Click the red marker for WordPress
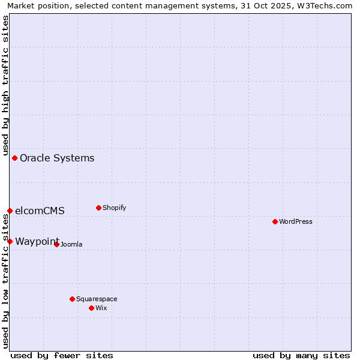275,221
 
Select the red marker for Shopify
98,208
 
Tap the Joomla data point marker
56,244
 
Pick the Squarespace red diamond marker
72,299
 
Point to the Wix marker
91,308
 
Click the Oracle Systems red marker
14,158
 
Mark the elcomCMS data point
10,211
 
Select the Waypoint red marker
10,241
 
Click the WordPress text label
296,221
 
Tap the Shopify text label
114,208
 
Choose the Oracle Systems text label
57,158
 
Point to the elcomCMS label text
40,211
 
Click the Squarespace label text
97,299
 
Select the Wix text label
101,308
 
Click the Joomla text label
71,244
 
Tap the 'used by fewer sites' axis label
62,355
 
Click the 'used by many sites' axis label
301,355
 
